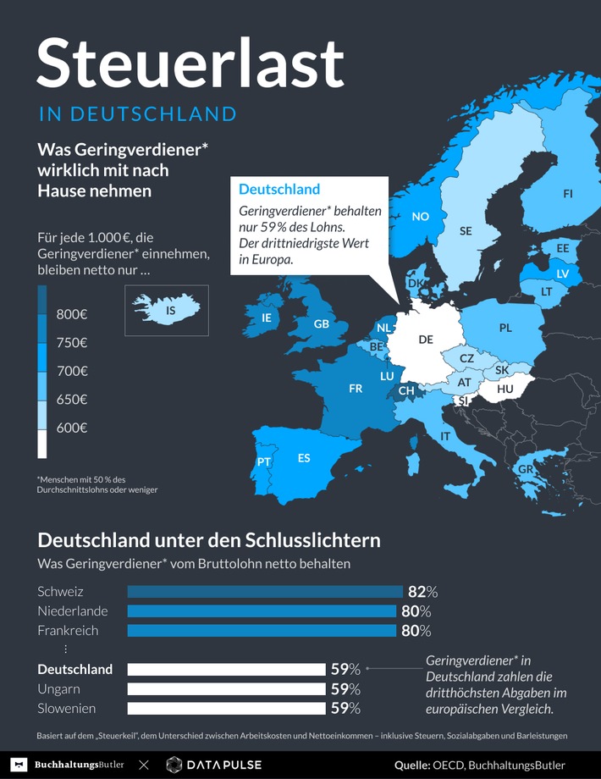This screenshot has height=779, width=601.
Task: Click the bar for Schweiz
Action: pos(264,592)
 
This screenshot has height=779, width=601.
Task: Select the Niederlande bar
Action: pos(261,611)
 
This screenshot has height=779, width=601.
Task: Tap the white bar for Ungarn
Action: pos(226,689)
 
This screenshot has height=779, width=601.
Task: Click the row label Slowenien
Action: pos(66,709)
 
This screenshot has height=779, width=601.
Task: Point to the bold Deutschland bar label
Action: pos(74,669)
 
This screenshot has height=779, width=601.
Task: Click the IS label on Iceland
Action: pos(171,311)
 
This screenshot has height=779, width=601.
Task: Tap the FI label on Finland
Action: pos(567,194)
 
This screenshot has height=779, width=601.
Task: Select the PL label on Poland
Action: pos(505,328)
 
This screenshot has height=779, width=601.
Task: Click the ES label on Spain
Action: pos(304,458)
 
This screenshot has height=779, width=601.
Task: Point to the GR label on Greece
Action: pos(525,470)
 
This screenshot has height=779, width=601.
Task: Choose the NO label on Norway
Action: pos(420,217)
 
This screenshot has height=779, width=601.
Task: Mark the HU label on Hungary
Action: pos(505,389)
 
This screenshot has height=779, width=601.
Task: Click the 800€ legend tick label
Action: pos(72,314)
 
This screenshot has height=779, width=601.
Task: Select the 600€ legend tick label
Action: pos(72,428)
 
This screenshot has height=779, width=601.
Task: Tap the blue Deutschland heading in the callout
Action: pos(278,189)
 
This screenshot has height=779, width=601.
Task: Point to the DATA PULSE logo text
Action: pos(224,765)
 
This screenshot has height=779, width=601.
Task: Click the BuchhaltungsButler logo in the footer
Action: pos(72,765)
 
